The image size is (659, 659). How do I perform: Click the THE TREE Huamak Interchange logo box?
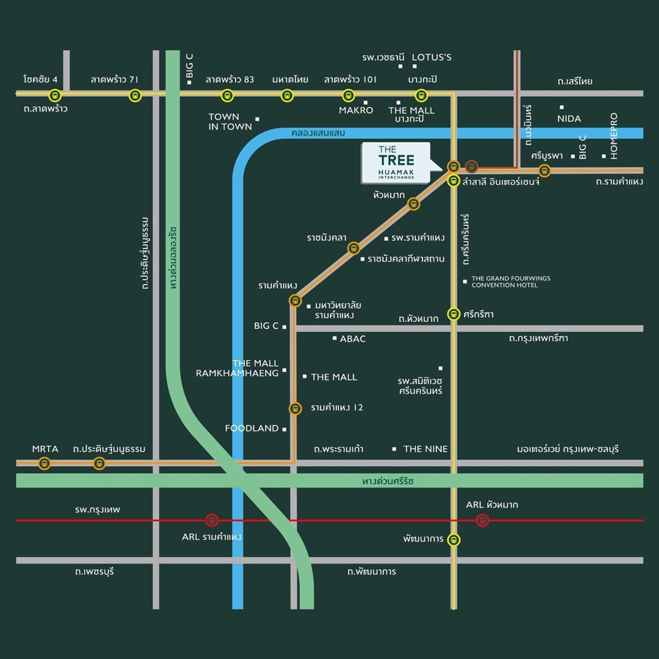396,163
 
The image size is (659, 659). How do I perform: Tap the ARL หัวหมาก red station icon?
482,520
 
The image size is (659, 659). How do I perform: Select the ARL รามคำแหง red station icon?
211,520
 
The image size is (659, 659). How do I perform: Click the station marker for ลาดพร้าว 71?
135,96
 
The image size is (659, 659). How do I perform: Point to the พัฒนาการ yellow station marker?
454,540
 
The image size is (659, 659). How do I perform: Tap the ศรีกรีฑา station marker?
454,314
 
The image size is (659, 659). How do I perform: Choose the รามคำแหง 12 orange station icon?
295,409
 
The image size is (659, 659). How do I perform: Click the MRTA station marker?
44,463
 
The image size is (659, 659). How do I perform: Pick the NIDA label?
569,119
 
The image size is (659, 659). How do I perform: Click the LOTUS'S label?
432,57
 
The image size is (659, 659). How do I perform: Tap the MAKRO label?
356,110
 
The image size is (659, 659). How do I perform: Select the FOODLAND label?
252,428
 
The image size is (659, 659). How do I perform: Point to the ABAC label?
353,339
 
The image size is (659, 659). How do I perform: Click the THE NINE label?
425,449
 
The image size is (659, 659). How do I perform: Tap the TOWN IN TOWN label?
230,121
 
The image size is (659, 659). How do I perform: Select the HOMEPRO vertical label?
614,136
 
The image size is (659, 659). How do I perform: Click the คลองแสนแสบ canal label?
319,133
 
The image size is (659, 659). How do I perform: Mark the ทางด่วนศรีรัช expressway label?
388,481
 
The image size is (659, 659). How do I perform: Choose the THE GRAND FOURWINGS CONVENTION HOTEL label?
511,282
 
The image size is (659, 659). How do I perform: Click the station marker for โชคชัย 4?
54,96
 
